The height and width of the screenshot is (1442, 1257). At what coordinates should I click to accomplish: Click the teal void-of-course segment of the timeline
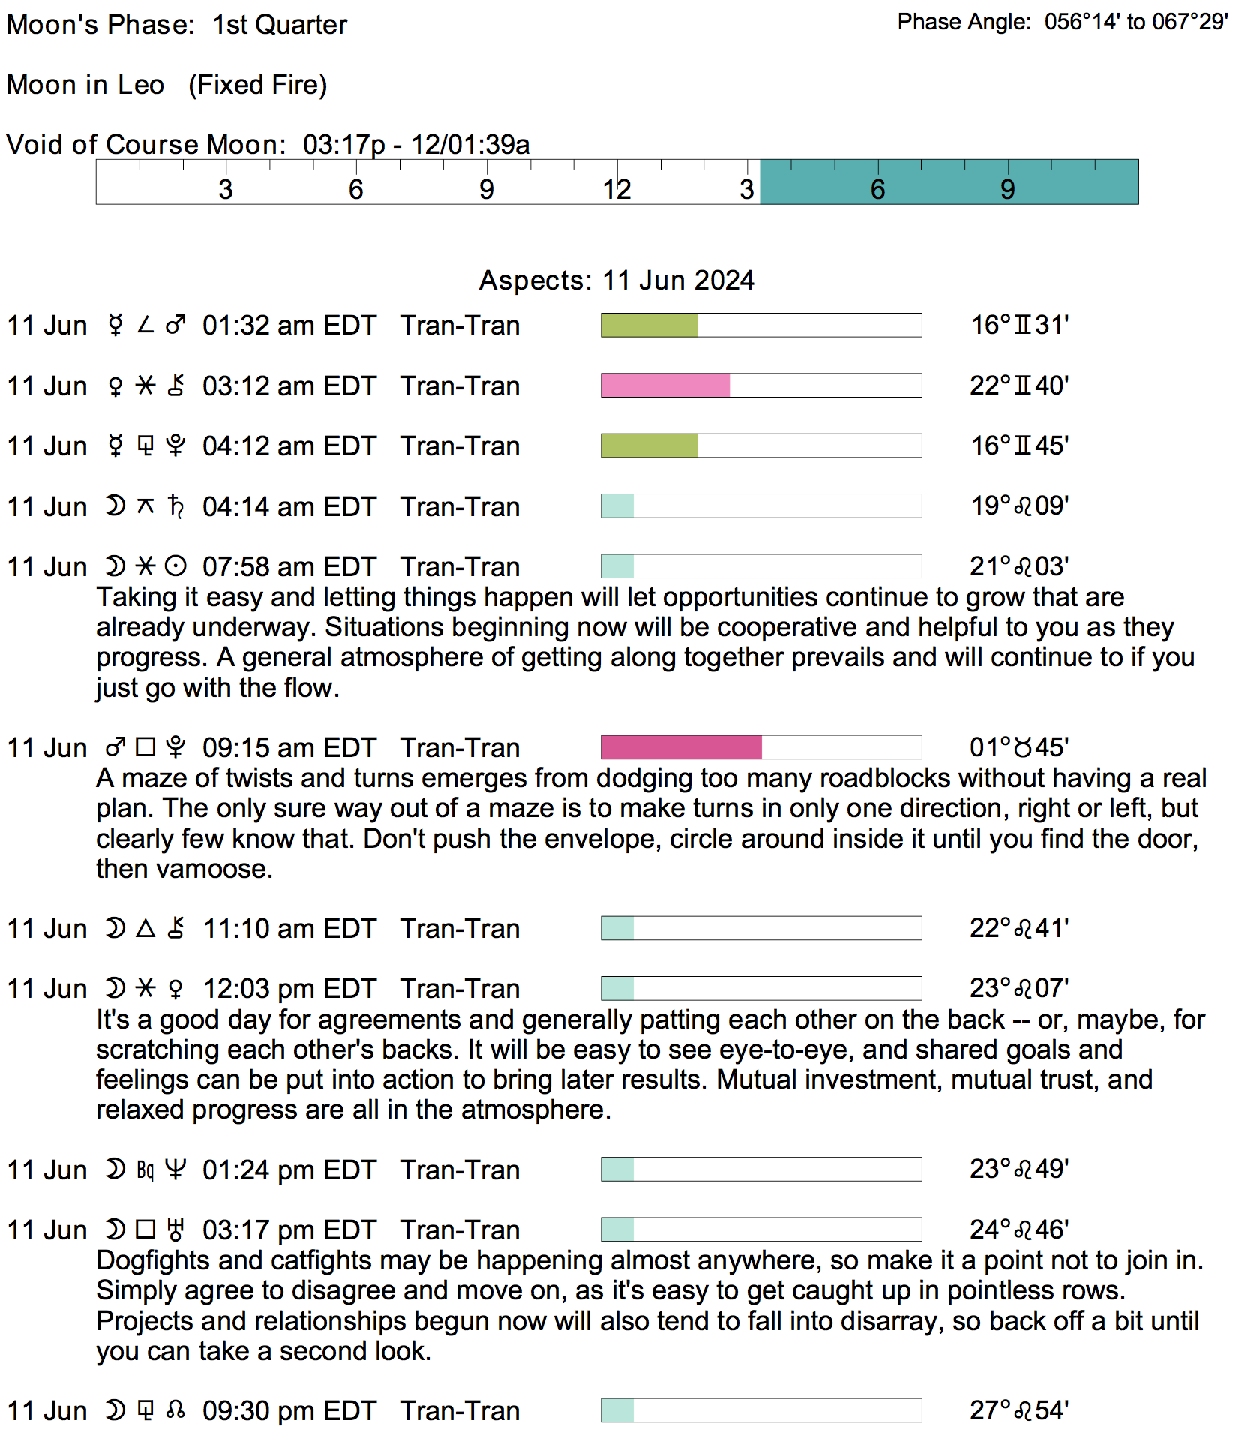(x=949, y=182)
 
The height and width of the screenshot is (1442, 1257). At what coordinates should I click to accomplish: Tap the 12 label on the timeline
(x=616, y=190)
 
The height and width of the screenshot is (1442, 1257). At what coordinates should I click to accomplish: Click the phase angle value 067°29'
(x=1189, y=22)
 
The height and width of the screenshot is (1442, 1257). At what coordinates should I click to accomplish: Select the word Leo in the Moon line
(x=141, y=85)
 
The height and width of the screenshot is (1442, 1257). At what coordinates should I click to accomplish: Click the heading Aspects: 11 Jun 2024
(x=616, y=280)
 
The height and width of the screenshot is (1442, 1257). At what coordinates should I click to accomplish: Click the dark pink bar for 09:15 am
(x=681, y=747)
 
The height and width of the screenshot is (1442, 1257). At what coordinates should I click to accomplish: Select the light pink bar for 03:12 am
(x=664, y=386)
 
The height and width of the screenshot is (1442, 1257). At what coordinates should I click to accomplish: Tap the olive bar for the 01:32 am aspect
(x=649, y=325)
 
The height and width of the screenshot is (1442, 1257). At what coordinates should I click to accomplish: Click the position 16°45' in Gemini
(x=1020, y=446)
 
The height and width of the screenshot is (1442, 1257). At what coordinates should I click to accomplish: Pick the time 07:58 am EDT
(x=289, y=566)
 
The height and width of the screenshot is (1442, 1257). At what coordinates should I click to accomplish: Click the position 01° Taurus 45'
(x=1019, y=747)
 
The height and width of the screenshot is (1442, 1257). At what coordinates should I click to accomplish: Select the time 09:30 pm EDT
(x=289, y=1411)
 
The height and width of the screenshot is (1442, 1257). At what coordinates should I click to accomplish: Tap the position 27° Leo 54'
(x=1019, y=1410)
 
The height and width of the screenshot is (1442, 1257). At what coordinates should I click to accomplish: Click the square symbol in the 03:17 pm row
(x=145, y=1230)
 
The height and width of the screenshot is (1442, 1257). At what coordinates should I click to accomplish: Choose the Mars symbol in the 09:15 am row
(x=115, y=747)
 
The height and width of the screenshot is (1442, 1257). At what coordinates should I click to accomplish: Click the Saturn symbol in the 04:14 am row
(x=176, y=506)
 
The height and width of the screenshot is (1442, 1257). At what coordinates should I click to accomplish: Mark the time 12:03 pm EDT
(x=289, y=989)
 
